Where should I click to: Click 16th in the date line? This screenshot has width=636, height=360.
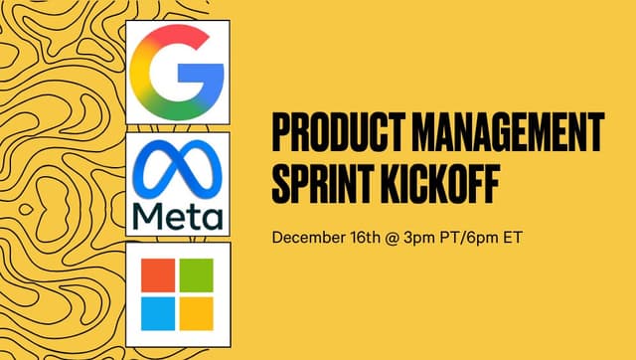[362, 239]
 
